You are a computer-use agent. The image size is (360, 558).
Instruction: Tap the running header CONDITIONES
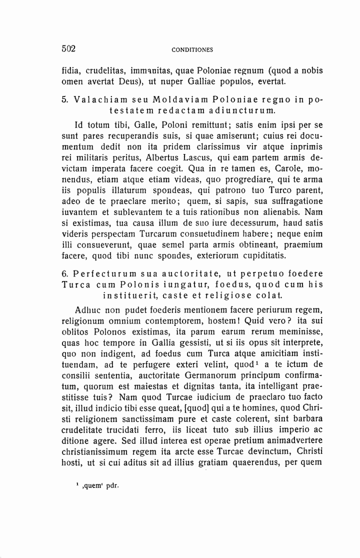(x=192, y=50)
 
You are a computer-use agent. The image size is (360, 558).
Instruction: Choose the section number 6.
(x=64, y=274)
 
